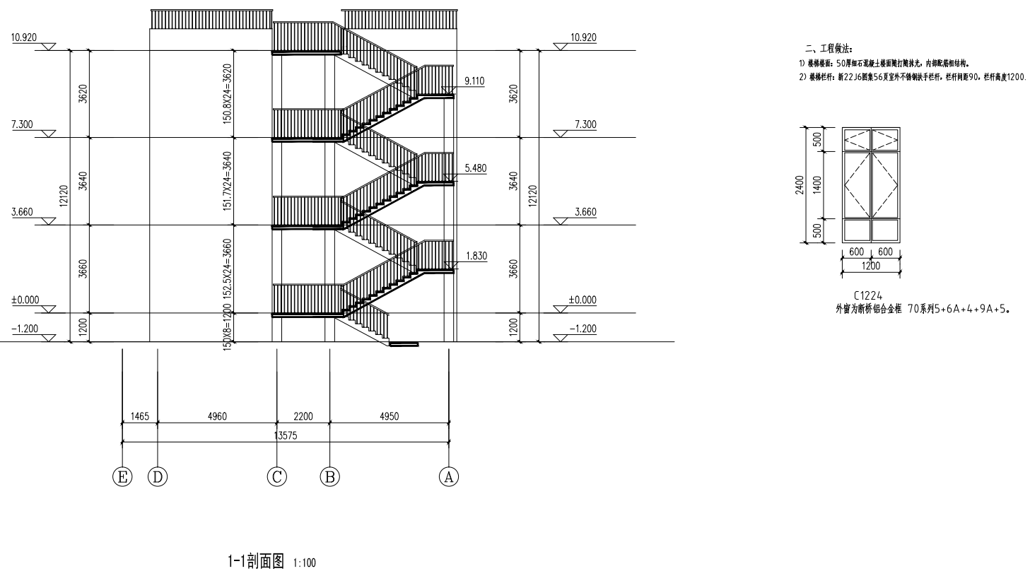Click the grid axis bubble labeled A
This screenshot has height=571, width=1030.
click(x=447, y=477)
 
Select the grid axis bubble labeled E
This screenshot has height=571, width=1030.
click(x=123, y=477)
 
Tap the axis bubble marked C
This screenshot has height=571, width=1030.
click(x=276, y=477)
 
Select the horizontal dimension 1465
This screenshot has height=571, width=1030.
click(x=139, y=417)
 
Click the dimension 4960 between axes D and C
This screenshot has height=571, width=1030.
click(x=216, y=417)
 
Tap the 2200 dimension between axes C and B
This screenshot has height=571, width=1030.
click(x=303, y=417)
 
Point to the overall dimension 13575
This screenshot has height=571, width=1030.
click(x=286, y=436)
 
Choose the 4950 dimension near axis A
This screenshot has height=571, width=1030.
click(x=389, y=417)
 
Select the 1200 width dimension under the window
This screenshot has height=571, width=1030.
click(x=870, y=266)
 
